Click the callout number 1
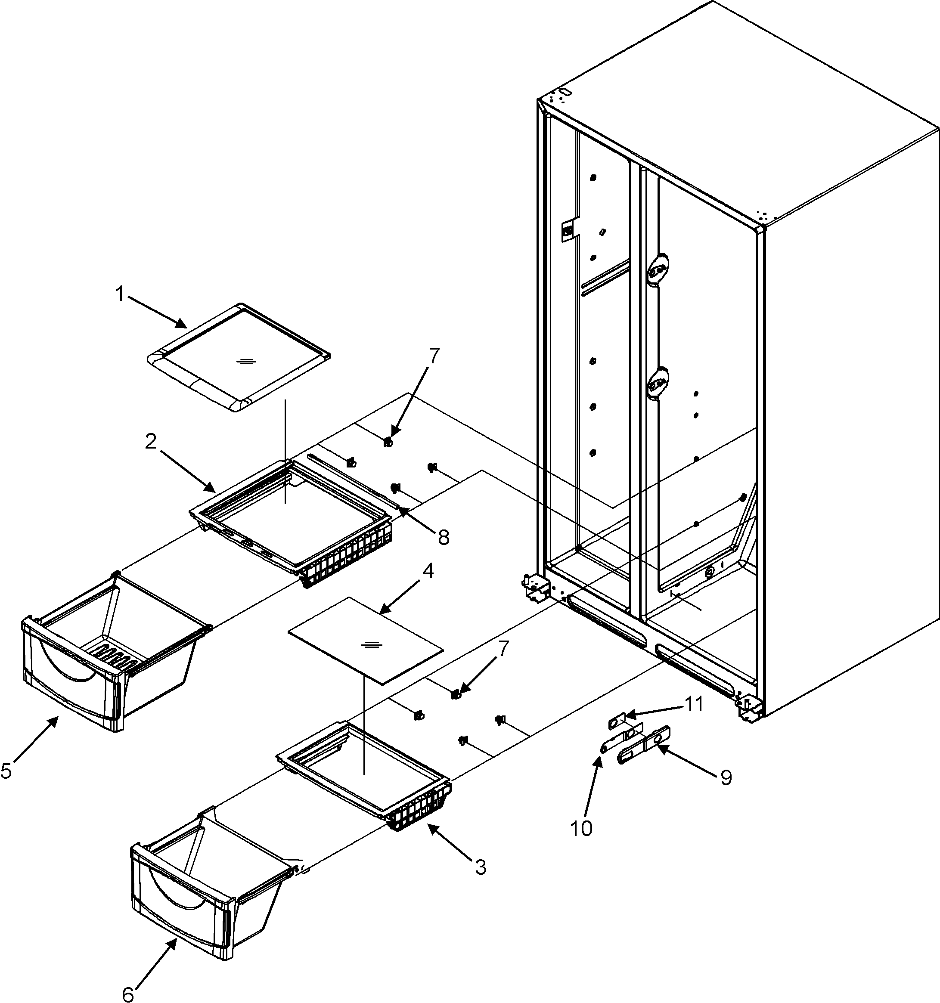pyautogui.click(x=120, y=294)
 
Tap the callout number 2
pyautogui.click(x=150, y=442)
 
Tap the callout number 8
pyautogui.click(x=443, y=538)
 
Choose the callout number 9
pyautogui.click(x=726, y=778)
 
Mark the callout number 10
pyautogui.click(x=581, y=828)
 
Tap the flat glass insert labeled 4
pyautogui.click(x=364, y=640)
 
